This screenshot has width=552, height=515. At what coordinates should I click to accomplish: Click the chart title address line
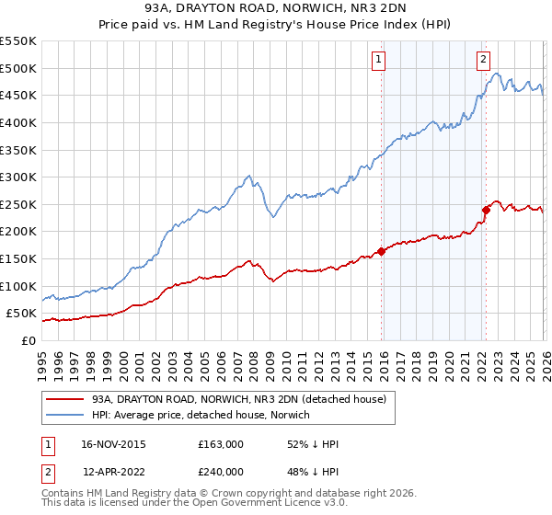276,7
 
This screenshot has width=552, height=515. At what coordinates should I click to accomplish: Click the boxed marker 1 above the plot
378,61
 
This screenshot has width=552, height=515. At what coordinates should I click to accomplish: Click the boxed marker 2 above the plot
483,61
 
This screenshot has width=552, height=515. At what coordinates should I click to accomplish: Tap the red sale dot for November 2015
381,251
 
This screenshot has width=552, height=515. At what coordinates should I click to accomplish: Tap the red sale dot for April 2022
485,210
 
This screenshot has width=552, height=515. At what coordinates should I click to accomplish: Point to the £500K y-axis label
18,68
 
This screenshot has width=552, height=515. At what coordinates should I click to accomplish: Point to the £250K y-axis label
18,204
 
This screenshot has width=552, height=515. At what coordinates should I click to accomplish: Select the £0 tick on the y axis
28,340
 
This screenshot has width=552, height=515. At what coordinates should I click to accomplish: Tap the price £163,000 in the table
220,444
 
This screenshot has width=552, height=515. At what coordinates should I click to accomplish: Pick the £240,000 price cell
220,471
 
